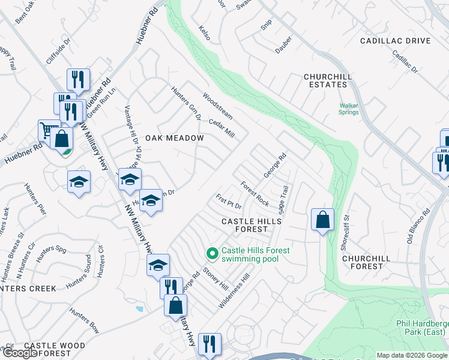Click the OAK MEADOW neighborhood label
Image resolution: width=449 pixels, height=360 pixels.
[173, 138]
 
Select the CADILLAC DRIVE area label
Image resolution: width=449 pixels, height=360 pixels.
[395, 41]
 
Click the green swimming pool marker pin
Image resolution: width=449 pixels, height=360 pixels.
[211, 254]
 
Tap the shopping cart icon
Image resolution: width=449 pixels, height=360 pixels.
[47, 130]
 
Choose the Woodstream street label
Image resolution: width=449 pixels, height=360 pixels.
[217, 103]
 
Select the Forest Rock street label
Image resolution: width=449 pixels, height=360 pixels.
[255, 194]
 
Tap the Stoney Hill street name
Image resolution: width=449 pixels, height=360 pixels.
[215, 278]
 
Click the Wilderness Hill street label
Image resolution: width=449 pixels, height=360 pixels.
[234, 292]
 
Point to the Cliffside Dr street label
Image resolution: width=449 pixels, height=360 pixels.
[58, 52]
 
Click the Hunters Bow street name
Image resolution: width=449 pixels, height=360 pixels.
[84, 321]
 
